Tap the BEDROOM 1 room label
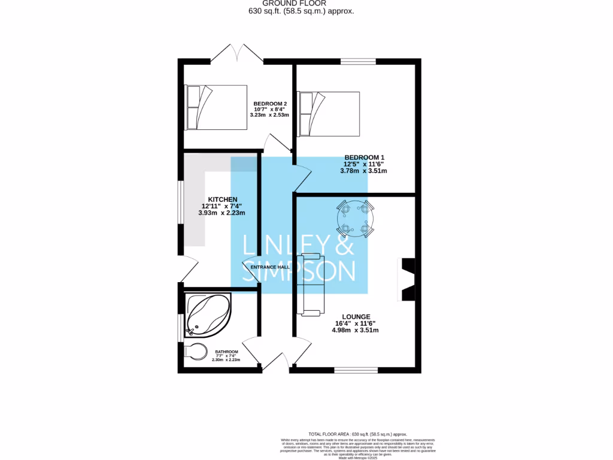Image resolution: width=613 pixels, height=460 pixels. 363,158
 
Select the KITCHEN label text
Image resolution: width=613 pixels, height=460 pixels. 222,199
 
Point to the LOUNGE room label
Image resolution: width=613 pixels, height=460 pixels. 356,317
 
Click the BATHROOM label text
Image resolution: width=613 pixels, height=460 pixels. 227,352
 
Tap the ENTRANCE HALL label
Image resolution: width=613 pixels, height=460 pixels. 270,267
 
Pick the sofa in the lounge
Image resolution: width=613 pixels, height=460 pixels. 312,284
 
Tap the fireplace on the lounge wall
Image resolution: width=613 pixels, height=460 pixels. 407,280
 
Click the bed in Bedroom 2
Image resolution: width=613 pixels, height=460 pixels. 216,107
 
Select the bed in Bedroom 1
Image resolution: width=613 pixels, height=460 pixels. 329,114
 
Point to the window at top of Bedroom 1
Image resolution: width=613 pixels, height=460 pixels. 359,61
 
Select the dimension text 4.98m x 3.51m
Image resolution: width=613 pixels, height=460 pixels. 356,330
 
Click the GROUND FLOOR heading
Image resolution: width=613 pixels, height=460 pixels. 306,4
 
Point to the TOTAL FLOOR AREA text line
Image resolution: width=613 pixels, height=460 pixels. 357,434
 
